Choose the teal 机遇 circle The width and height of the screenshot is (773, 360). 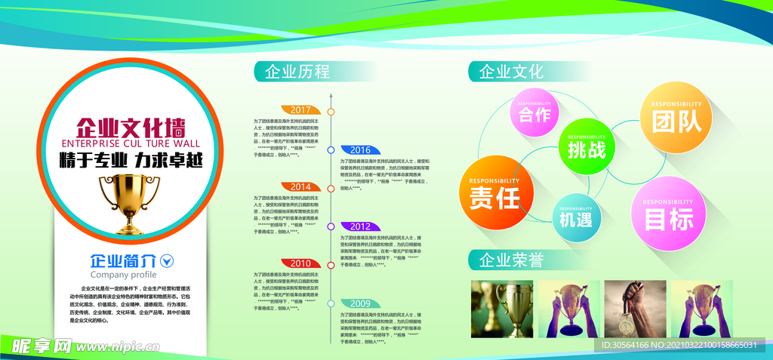576,217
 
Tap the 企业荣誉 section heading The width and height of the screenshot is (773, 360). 511,260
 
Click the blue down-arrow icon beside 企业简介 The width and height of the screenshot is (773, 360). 168,261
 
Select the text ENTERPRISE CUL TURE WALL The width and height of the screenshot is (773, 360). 130,143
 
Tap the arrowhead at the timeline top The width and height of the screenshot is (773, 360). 331,96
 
